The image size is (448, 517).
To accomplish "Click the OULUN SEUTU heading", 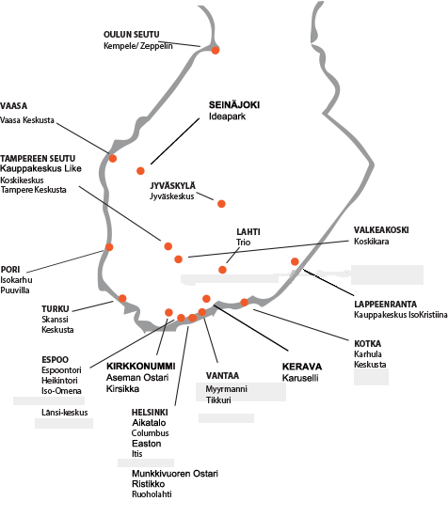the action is pos(132,34).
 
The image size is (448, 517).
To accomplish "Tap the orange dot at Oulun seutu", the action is pos(216,50).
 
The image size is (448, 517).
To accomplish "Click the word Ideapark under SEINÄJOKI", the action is pos(227,117).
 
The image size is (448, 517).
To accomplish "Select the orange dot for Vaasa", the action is pos(113,158).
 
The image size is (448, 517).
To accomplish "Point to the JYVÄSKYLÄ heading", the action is pos(172,185).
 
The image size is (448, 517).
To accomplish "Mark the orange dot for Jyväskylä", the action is pos(221,204).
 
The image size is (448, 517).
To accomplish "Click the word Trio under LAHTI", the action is pos(244,243).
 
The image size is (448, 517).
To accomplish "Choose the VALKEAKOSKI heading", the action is pos(381,229).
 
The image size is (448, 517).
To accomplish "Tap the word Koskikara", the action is pos(372,242).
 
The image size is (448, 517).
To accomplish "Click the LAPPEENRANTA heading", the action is pos(385,304).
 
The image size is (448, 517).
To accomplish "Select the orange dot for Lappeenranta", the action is pos(295,261).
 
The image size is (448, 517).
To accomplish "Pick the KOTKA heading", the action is pos(367,343).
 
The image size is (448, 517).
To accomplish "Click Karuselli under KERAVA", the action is pos(300,378).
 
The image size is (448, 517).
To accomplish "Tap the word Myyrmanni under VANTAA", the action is pos(227,389).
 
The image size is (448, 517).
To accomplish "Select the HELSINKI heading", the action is pos(150,412).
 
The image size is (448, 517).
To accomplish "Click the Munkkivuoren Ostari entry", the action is pos(175,474).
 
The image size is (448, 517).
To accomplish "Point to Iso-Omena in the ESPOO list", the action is pos(61,391).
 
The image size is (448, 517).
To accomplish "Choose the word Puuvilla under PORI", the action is pos(15,290).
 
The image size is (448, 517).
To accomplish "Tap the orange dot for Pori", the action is pos(109,247).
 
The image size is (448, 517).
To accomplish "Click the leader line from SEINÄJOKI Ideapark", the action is pos(175,141).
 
